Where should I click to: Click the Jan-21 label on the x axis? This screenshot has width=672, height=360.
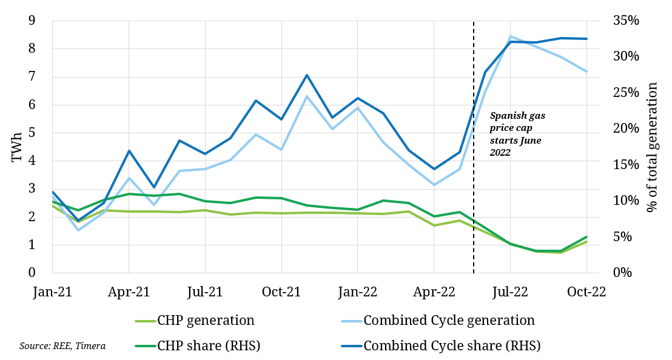(x=53, y=292)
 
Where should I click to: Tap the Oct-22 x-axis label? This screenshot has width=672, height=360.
(x=586, y=292)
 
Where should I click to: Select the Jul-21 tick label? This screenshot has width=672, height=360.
(x=205, y=292)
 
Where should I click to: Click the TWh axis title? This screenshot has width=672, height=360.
(x=17, y=148)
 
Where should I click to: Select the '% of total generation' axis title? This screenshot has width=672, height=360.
(x=653, y=148)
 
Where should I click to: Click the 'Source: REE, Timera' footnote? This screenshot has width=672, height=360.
(x=62, y=346)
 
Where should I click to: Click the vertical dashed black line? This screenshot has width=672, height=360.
(x=473, y=182)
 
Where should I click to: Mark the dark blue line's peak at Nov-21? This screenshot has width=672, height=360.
(x=307, y=75)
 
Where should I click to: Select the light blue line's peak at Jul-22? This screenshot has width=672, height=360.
(x=511, y=36)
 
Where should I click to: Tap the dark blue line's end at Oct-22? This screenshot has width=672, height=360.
(x=586, y=39)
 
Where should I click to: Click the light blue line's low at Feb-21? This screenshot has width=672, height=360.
(x=78, y=230)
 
